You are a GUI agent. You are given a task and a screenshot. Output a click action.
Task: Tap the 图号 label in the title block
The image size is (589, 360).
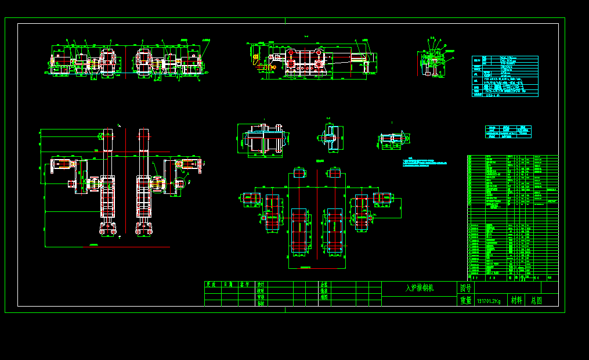click(x=466, y=288)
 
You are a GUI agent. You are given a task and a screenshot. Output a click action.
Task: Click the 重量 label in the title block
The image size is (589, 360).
click(x=466, y=301)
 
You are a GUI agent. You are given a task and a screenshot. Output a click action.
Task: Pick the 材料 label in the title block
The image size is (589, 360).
click(x=516, y=300)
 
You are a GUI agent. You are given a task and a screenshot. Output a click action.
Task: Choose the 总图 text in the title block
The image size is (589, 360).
click(x=537, y=300)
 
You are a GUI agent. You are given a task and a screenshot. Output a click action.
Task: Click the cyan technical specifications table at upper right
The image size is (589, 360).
click(x=505, y=76)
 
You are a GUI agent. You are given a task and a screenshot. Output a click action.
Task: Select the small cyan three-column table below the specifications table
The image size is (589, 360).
click(x=508, y=131)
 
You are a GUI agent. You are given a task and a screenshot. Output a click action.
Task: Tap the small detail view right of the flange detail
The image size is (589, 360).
click(x=393, y=139)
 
